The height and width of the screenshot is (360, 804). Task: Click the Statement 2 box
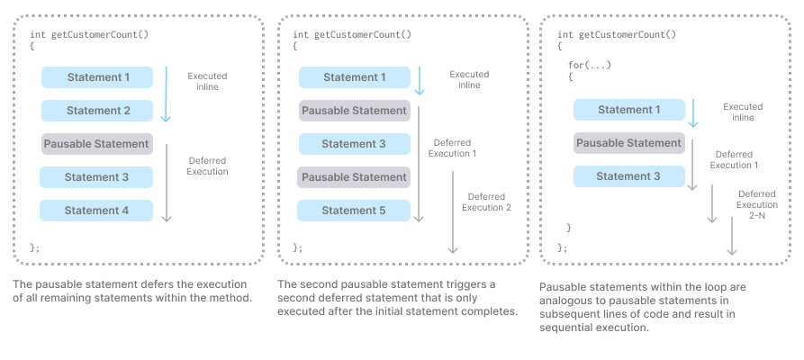tap(97, 111)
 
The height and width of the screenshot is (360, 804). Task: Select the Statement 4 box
tap(96, 211)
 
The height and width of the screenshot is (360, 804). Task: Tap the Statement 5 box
tap(354, 211)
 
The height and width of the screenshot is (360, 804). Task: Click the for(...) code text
tap(590, 66)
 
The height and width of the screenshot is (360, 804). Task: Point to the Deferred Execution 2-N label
tap(757, 204)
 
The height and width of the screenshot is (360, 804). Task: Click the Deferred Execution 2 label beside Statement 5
tap(486, 202)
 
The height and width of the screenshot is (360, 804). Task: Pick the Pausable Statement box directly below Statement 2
tap(97, 144)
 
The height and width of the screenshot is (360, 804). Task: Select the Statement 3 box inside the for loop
tap(629, 176)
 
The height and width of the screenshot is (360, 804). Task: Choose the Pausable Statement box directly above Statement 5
tap(354, 177)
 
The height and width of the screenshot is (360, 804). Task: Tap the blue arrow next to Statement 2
tap(166, 94)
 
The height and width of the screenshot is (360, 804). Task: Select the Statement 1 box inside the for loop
tap(629, 110)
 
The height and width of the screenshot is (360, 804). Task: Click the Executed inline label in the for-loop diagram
tap(743, 112)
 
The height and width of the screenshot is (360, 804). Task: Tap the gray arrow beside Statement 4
tap(167, 183)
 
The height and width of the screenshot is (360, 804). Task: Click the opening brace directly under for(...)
tap(571, 76)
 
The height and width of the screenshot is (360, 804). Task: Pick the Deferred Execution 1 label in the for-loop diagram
tap(734, 159)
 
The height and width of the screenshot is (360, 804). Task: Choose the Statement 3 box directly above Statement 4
tap(96, 177)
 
